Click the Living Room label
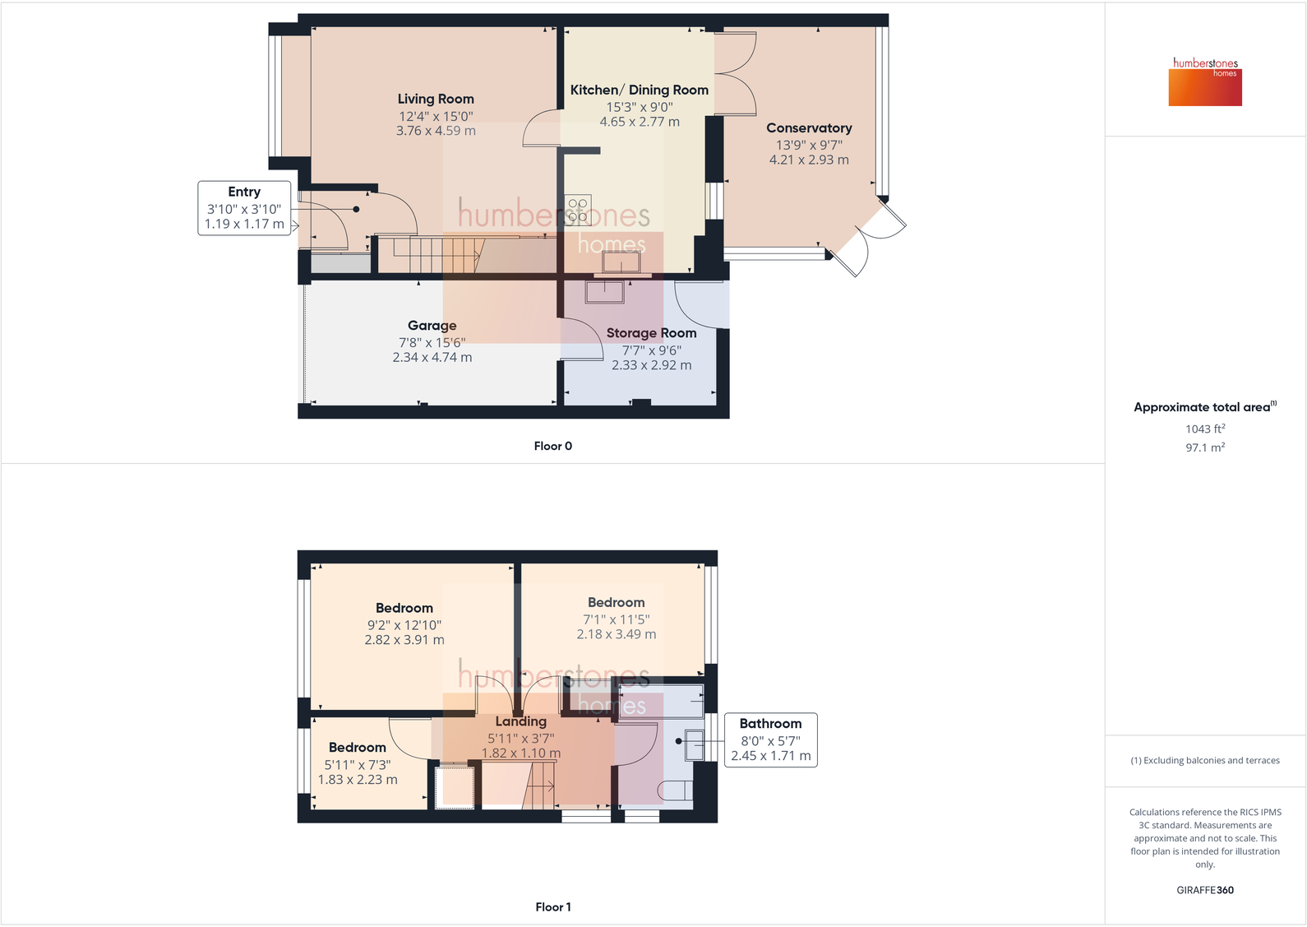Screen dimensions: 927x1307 tap(436, 99)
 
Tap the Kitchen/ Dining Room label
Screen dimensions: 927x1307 tap(639, 90)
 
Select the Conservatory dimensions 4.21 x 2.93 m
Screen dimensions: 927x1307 tap(809, 160)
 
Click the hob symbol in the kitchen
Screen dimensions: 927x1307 tap(577, 209)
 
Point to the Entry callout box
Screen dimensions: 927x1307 tap(244, 208)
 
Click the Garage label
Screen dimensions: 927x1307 tap(432, 326)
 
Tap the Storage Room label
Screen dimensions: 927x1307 tap(651, 333)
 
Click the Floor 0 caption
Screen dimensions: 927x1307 tap(552, 446)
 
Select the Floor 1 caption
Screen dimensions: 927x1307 tap(552, 906)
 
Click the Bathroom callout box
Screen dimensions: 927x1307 tap(770, 739)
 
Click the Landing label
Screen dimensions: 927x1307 tap(520, 721)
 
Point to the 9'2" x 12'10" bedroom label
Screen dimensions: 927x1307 tap(404, 609)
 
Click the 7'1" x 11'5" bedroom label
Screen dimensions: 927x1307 tap(616, 603)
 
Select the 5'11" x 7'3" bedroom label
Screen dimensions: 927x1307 tap(357, 748)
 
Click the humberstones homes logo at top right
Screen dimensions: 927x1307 tap(1205, 81)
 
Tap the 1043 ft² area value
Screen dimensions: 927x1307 tap(1205, 429)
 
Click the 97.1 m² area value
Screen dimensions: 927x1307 tap(1205, 447)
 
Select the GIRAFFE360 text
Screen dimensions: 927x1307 tap(1205, 890)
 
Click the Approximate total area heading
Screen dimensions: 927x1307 tap(1202, 407)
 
